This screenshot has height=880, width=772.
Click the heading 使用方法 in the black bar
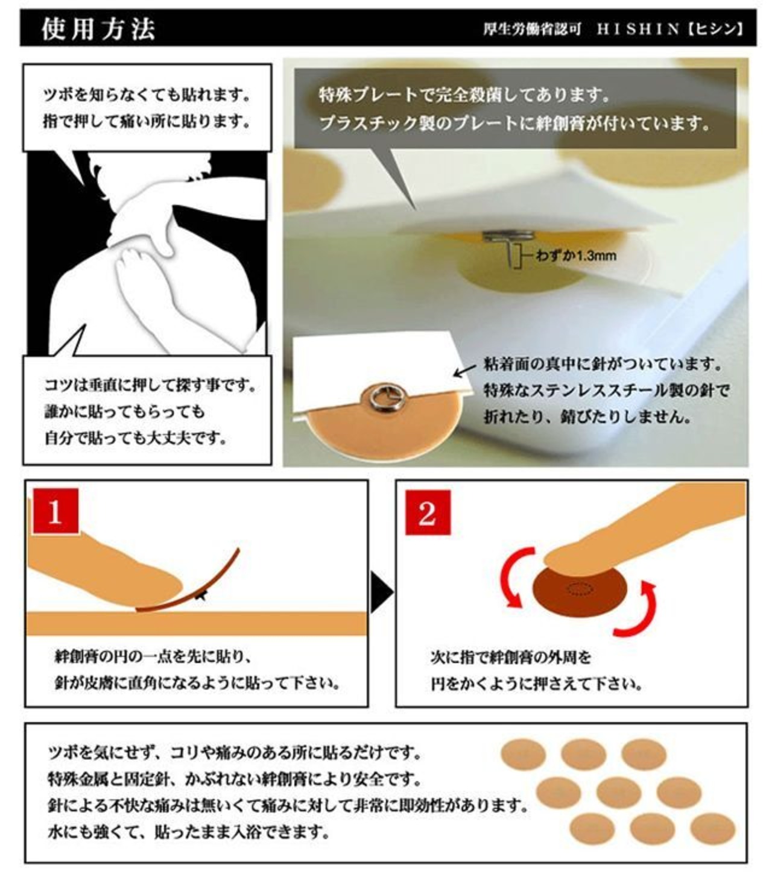coord(98,29)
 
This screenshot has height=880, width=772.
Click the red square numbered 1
coord(55,511)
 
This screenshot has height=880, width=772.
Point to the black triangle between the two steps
coord(382,592)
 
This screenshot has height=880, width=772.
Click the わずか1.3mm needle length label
coord(576,256)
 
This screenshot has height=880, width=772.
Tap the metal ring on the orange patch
coord(383,397)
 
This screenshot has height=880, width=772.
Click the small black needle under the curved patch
coord(201,595)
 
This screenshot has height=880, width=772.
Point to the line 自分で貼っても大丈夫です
coord(136,438)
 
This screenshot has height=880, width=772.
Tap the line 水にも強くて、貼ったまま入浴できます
coord(189,832)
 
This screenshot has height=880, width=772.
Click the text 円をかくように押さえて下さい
coord(537,685)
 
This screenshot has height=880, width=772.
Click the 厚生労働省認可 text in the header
coord(533,29)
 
